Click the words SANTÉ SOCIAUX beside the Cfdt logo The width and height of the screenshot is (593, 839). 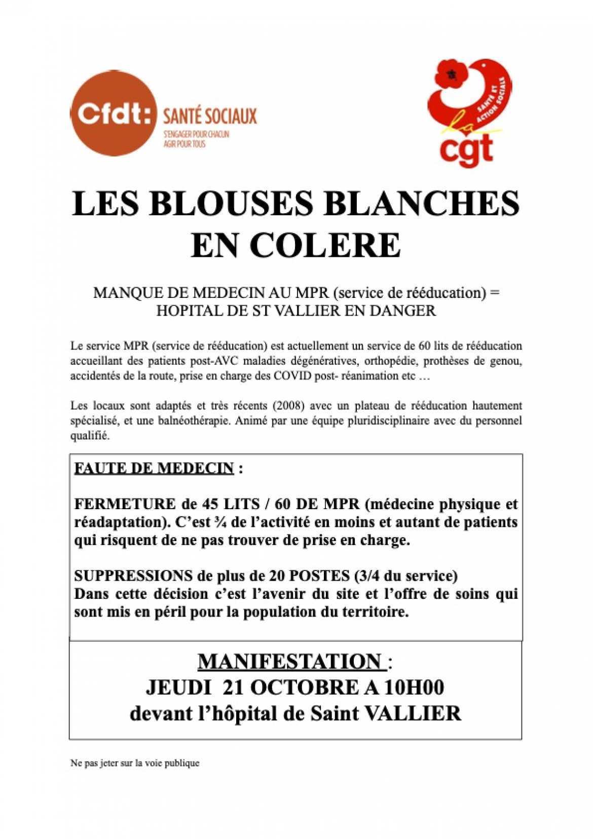[209, 117]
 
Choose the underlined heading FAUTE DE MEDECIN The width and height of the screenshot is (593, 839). [154, 468]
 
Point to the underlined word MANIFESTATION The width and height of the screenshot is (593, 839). [289, 662]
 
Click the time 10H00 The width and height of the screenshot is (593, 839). [414, 688]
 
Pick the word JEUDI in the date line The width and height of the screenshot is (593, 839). [178, 688]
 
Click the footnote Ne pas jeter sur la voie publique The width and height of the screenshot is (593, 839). [135, 762]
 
